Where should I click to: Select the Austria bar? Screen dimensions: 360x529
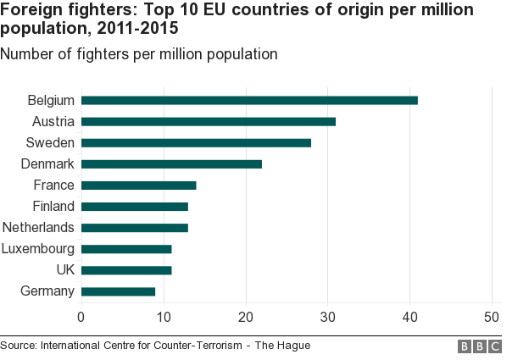tap(209, 121)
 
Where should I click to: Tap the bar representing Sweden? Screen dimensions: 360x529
tap(196, 142)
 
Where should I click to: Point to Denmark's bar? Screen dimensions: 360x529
tap(171, 163)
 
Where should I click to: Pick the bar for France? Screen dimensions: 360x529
tap(138, 185)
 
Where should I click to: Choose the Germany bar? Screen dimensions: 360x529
tap(118, 291)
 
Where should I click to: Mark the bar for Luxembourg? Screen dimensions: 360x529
tap(126, 249)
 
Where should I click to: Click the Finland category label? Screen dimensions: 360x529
tap(53, 206)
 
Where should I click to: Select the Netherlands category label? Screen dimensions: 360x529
tap(39, 227)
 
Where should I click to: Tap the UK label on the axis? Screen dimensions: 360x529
tap(64, 270)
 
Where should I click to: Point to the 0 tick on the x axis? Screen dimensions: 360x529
tap(81, 317)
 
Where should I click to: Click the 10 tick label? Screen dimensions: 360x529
tap(164, 317)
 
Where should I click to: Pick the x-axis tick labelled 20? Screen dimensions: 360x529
tap(246, 317)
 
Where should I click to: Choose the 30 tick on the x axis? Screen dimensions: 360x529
tap(328, 317)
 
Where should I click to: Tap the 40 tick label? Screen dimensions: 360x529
tap(410, 317)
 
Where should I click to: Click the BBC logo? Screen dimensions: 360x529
tap(479, 346)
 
